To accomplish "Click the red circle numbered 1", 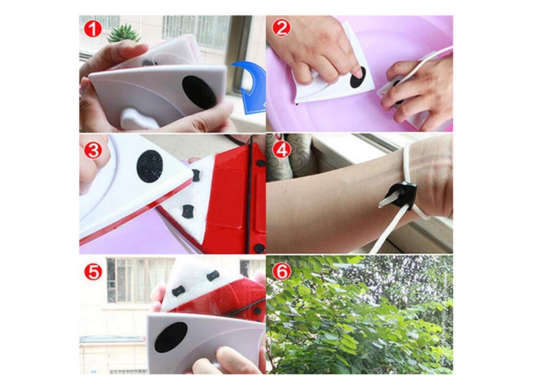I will (93, 29).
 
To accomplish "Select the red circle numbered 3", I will (93, 150).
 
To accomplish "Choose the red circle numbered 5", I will (93, 271).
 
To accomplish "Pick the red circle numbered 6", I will (281, 271).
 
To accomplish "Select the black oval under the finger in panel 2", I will (358, 78).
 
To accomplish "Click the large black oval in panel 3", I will (149, 166).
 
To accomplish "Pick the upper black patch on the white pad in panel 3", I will (196, 175).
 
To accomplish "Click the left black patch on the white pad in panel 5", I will (179, 290).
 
